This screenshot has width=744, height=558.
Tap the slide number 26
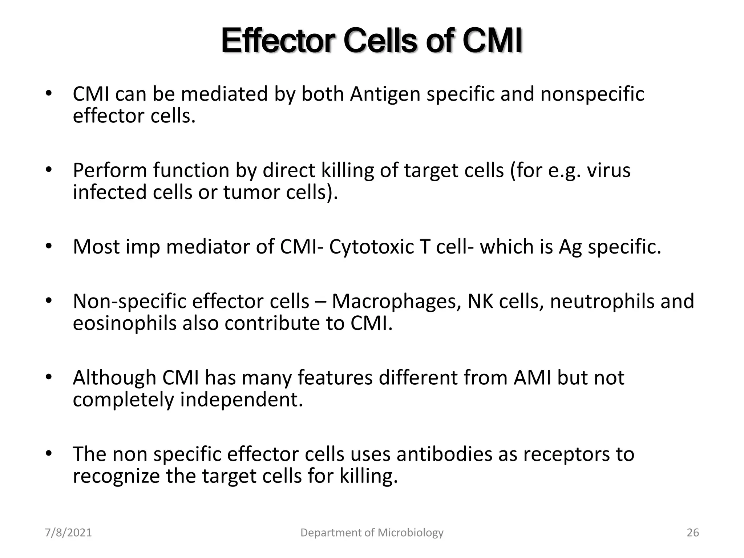point(693,533)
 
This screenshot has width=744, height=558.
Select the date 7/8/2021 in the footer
point(68,533)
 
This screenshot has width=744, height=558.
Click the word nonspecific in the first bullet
point(592,94)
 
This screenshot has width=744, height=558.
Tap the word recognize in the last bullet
point(116,477)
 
